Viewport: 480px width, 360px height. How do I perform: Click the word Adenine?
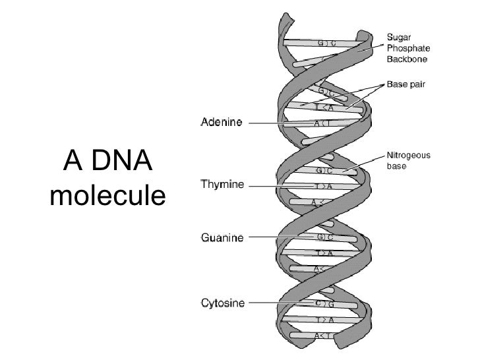[x=222, y=122]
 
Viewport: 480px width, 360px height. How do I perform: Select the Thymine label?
[x=222, y=185]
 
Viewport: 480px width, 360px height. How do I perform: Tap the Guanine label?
[x=222, y=237]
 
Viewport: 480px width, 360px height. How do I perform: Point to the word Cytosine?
[x=223, y=303]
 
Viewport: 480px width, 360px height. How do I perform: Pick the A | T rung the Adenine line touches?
[x=322, y=123]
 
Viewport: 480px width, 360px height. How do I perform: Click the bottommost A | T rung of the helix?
[x=322, y=336]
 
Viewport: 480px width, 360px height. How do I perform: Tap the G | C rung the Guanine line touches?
[x=322, y=237]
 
